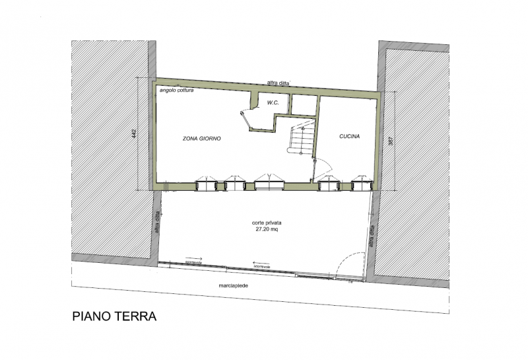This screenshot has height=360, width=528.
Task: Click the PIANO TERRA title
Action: (114, 316)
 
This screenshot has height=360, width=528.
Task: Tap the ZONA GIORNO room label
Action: (201, 139)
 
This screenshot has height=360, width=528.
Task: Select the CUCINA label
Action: (349, 136)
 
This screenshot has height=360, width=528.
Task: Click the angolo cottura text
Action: (176, 90)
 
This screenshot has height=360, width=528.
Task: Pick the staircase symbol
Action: (301, 139)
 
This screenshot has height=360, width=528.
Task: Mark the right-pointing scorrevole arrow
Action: (193, 259)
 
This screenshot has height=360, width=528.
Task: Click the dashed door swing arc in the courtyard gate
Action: (347, 264)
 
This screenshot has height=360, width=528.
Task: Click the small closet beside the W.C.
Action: (303, 104)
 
